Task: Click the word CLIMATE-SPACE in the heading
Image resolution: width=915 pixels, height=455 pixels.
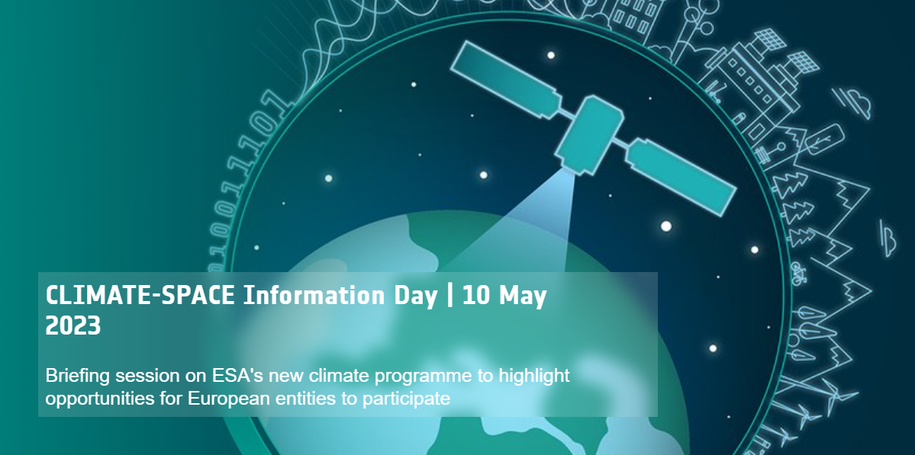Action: (x=140, y=296)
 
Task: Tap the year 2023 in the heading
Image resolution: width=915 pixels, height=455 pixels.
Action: (x=73, y=326)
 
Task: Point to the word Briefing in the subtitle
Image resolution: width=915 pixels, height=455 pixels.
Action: (x=76, y=376)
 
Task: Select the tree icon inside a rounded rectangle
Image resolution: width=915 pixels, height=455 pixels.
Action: (x=823, y=140)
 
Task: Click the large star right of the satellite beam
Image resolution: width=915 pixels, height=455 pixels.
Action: (x=665, y=226)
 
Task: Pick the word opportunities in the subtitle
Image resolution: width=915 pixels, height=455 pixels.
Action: (x=98, y=398)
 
